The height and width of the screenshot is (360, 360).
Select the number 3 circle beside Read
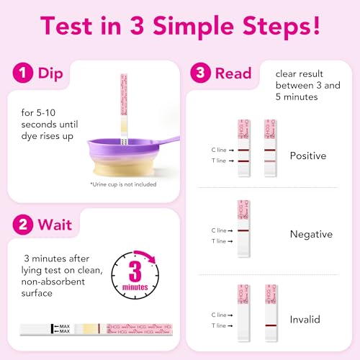(201, 73)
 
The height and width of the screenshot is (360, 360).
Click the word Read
(234, 73)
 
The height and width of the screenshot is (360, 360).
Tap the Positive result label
(307, 156)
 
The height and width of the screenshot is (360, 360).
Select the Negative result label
(310, 234)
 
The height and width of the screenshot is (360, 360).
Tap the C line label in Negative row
(219, 230)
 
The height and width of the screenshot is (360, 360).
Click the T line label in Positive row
(219, 161)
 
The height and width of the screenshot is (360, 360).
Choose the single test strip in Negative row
(243, 228)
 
